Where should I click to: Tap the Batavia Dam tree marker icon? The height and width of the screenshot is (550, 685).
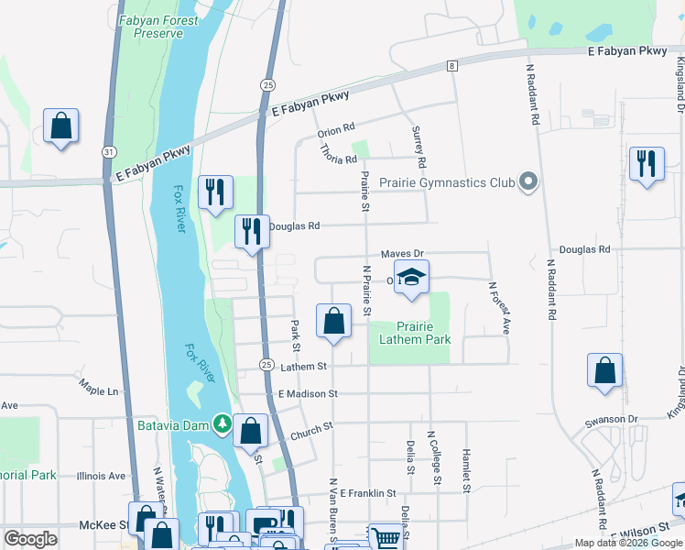(221, 423)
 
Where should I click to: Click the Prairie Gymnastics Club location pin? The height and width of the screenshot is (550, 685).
(527, 182)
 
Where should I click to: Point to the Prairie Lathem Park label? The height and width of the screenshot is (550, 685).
(411, 333)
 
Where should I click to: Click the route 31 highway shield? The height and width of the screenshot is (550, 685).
(109, 151)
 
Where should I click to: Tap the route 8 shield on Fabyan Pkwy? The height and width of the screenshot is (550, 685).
(452, 66)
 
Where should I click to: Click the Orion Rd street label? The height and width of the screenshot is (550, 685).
(336, 130)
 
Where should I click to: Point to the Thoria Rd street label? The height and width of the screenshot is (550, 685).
(339, 159)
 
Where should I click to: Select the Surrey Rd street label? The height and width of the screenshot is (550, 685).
(420, 147)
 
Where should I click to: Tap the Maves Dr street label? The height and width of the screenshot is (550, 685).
(403, 253)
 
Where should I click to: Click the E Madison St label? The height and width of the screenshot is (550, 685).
(308, 393)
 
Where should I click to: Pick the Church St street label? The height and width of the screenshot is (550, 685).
(311, 428)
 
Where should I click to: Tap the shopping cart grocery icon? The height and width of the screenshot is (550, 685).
(386, 538)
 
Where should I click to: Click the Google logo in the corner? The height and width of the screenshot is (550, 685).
(31, 539)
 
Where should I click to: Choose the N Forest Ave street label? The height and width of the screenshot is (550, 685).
(500, 306)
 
